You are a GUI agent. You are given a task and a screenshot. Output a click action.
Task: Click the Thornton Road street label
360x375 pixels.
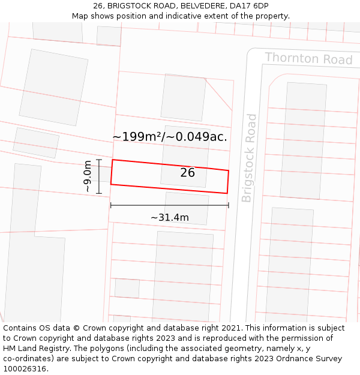[x=308, y=59]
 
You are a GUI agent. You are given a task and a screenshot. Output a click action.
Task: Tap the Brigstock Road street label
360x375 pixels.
[x=249, y=158]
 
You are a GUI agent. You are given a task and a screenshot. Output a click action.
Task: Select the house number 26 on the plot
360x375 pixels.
[x=187, y=173]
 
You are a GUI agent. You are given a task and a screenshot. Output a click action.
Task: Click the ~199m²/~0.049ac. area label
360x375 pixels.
[x=170, y=137]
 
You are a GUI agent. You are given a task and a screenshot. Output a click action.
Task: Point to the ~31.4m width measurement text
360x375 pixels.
[x=170, y=217]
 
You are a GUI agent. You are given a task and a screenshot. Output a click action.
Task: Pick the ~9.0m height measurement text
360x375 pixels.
[x=88, y=176]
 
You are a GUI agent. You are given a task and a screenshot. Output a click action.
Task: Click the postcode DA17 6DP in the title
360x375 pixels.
[x=247, y=6]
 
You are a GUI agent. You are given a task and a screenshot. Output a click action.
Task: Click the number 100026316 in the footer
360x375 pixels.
[x=23, y=369]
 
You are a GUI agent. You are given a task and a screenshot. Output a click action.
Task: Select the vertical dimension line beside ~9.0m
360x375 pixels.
[x=99, y=176]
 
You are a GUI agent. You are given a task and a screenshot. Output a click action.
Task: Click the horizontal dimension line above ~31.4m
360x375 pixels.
[x=170, y=205]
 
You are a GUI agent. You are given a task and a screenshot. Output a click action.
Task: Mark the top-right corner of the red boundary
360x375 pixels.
[x=229, y=170]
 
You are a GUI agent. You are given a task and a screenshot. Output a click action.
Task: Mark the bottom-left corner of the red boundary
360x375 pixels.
[x=110, y=184]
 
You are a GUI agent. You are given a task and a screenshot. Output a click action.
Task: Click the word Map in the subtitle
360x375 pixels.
[x=80, y=16]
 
